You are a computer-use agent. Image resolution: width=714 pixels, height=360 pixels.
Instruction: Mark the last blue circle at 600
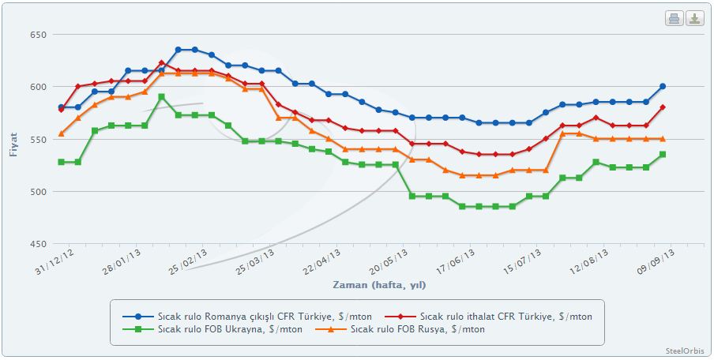[x=663, y=87]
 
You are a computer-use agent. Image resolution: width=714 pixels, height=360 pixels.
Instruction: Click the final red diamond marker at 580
[x=663, y=107]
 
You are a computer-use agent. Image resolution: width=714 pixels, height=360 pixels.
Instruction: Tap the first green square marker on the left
[x=61, y=162]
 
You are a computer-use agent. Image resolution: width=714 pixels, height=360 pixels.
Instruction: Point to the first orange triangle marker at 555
[x=61, y=133]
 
